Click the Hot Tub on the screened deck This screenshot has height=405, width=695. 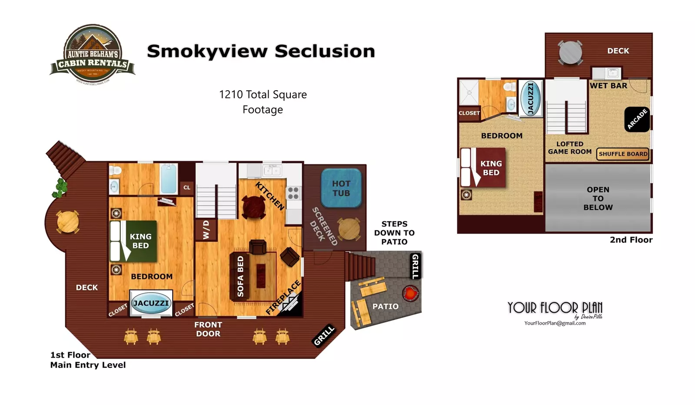coord(341,188)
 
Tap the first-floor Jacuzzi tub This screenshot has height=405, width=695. coord(151,303)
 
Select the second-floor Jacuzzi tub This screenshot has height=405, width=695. coord(530,98)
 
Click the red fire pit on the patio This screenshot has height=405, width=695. coord(410,293)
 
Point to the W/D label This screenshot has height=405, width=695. coord(206,230)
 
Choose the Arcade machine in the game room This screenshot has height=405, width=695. coord(637,119)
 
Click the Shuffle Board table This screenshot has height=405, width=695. coord(623,154)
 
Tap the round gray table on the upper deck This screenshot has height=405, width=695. coord(570,53)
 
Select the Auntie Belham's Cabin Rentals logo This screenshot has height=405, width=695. coord(92,54)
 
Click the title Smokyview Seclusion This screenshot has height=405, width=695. coord(261,51)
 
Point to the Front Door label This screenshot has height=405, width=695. coord(208,329)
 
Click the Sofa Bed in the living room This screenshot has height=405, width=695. coord(240,276)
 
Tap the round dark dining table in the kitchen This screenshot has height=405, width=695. coord(254,207)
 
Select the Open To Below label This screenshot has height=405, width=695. coord(598,198)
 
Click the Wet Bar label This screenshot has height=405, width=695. coord(608,86)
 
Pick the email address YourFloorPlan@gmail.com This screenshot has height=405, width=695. coord(555,323)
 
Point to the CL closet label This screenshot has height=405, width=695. coord(187,188)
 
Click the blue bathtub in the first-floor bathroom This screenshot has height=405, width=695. coord(169,178)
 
